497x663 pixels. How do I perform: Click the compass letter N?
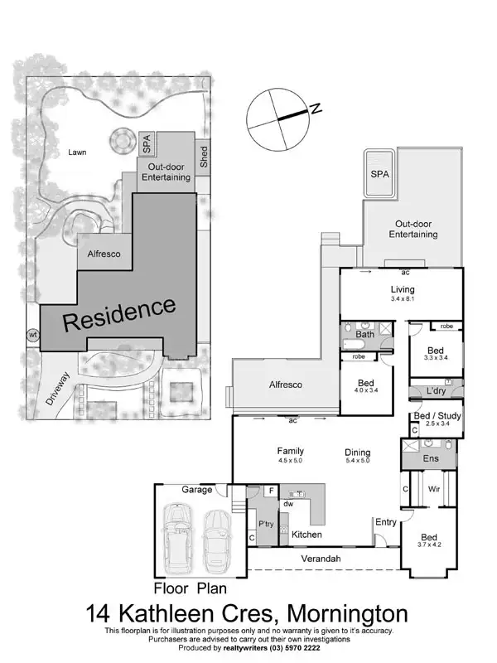tap(316, 108)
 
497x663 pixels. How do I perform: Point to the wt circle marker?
tap(33, 335)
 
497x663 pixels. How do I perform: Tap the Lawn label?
tap(77, 152)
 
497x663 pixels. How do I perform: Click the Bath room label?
tap(365, 334)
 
